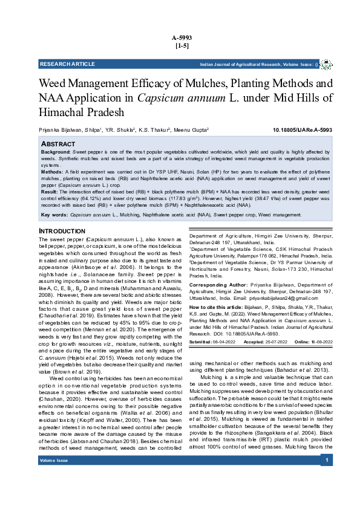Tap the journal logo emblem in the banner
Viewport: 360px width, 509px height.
(326, 64)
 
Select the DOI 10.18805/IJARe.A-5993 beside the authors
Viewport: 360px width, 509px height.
(302, 130)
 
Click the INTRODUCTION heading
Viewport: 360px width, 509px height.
(64, 232)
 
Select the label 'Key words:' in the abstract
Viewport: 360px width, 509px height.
(54, 215)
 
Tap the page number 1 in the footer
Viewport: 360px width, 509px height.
(327, 495)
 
